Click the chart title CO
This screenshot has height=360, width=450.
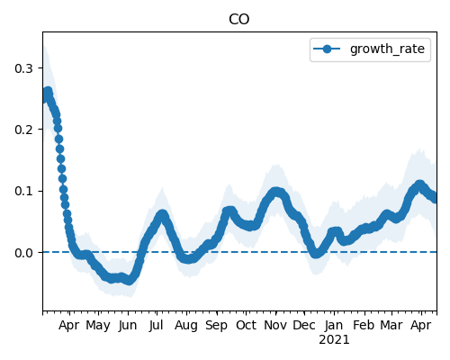tap(238, 20)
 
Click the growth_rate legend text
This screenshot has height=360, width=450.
tap(387, 49)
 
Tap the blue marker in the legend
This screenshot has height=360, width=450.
tap(327, 49)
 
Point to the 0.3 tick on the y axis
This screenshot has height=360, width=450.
tap(23, 68)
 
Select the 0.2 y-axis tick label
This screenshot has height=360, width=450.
tap(23, 130)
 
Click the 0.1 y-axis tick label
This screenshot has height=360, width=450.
tap(23, 191)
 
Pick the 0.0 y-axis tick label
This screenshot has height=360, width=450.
tap(23, 253)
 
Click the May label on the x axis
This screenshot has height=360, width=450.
tap(98, 326)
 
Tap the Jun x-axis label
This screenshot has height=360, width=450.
tap(128, 326)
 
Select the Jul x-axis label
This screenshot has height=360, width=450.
tap(156, 325)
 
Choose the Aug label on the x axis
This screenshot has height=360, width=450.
tap(186, 326)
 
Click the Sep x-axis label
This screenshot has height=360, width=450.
tap(216, 326)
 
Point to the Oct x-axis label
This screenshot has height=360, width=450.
tap(246, 325)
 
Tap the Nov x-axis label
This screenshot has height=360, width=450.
tap(275, 325)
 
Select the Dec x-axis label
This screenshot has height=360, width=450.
tap(304, 325)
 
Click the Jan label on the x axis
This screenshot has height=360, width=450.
tap(334, 325)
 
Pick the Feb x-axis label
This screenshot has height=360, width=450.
tap(364, 325)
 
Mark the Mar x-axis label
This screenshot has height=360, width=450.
tap(391, 325)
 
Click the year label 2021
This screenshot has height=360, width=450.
tap(334, 340)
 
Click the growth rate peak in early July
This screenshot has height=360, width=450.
tap(162, 214)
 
